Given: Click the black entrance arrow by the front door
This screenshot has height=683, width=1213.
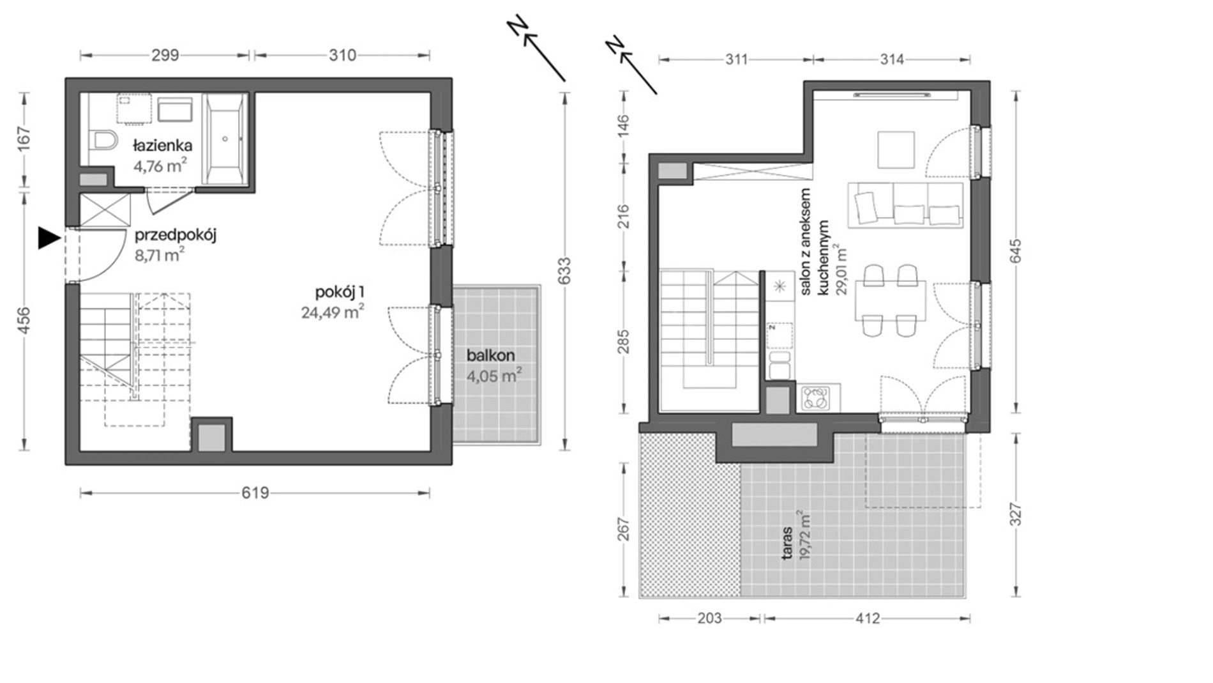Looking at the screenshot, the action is pos(49,238).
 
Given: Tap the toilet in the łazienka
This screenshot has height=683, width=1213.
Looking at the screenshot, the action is pos(103,139).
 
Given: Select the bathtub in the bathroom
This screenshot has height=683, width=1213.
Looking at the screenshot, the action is pos(224,138).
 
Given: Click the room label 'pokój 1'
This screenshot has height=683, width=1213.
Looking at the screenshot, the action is pos(340,293).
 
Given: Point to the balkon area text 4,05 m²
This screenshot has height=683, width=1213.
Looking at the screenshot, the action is pos(491,376).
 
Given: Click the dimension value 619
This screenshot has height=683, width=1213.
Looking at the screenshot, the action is pos(255,493).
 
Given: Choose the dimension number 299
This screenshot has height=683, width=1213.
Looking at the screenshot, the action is pos(165,56).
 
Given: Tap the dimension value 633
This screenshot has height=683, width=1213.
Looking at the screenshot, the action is pos(564,271).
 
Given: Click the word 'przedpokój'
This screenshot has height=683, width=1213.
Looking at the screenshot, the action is pos(176,236).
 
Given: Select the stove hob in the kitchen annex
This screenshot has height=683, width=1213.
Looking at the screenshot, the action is pos(816,398).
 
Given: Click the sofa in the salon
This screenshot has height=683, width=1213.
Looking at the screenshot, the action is pos(905,204).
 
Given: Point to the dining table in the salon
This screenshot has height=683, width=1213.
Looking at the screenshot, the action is pos(891,300).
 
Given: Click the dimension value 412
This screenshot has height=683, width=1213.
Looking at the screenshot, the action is pos(868,618).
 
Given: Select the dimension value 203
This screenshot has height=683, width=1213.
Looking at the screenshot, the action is pos(709,618).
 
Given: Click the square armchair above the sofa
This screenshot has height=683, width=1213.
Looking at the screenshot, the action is pos(896,150).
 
